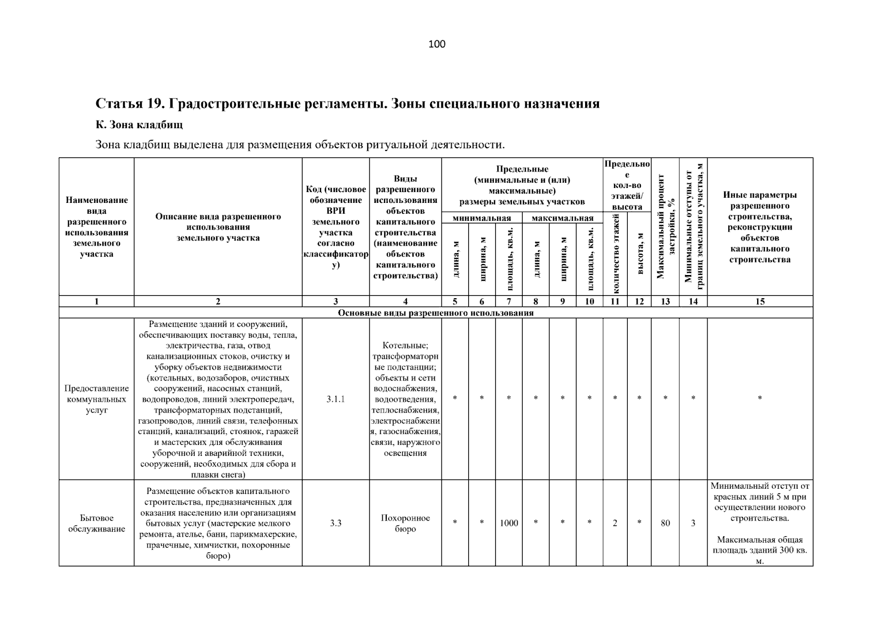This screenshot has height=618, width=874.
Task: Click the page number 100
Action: coord(437,44)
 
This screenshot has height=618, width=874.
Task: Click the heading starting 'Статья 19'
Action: coord(347,104)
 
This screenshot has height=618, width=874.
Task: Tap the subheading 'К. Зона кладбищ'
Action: coord(139,125)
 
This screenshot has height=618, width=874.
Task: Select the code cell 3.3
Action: coord(335,523)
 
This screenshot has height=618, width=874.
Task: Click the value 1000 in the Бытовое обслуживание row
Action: coord(509,523)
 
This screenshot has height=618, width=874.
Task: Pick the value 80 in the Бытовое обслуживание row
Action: coord(665,523)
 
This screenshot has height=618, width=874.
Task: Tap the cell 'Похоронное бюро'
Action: coord(405,523)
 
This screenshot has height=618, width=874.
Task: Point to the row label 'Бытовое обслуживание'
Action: coord(97,523)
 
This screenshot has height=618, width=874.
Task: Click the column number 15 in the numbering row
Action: coord(760,302)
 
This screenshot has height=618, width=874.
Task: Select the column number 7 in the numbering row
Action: coord(509,302)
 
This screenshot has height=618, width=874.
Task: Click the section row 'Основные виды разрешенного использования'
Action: coord(436,313)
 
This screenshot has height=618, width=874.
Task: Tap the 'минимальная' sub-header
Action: coord(482,218)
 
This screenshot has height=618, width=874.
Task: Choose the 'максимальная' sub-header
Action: coord(562,218)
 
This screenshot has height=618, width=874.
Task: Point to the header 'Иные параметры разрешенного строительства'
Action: coord(760,227)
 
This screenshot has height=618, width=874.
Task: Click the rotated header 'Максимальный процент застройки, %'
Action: coord(665,227)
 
